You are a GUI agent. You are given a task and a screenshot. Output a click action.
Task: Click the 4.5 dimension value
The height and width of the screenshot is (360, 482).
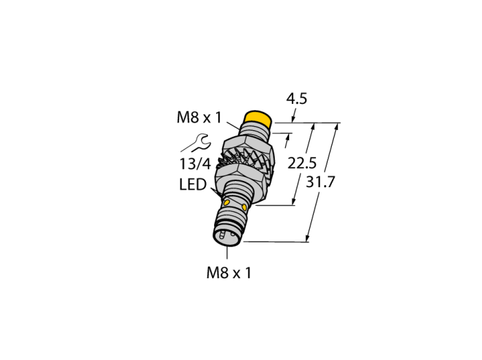coord(297,98)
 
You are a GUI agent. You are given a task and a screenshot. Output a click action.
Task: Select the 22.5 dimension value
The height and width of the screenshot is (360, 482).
coord(302,163)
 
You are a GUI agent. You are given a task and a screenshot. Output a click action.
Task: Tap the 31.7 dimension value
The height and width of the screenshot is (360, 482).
coord(320,182)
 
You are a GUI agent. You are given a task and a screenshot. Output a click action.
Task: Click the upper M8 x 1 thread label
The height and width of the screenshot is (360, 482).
coord(199,117)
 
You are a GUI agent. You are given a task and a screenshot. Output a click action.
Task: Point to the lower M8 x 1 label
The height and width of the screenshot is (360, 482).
coord(229,273)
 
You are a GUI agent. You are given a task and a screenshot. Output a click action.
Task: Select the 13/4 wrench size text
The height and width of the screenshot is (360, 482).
coord(195,164)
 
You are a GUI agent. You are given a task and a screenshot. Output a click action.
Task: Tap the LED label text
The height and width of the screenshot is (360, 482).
coord(193,184)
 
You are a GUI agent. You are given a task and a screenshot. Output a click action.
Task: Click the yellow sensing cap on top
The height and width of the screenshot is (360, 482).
coord(258,120)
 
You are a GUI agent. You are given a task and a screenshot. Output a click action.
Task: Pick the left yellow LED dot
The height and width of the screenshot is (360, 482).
coord(227,202)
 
